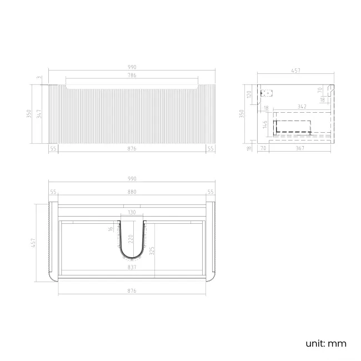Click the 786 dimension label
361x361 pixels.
[132, 75]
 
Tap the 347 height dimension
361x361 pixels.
[38, 114]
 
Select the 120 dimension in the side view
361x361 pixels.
[250, 94]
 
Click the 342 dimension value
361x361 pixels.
[302, 106]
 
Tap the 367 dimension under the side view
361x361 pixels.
[299, 148]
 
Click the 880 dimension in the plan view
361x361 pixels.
[132, 192]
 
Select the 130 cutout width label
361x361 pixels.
[132, 212]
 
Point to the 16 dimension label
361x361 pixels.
[111, 229]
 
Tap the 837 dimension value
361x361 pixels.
[132, 267]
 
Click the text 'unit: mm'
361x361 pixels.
[325, 343]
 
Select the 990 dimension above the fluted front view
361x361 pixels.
[132, 67]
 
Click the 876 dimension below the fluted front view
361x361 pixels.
[132, 148]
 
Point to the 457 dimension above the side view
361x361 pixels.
[296, 71]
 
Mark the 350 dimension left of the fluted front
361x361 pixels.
[29, 114]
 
